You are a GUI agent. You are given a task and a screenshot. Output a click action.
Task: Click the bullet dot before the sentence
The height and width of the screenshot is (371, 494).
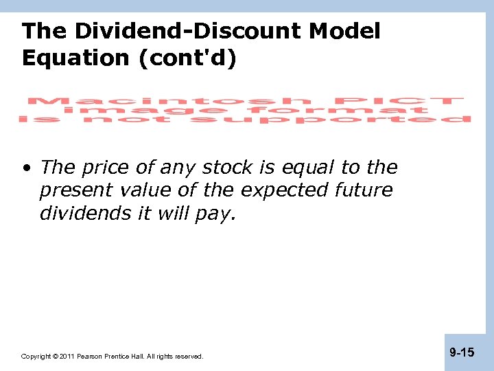[x=26, y=168]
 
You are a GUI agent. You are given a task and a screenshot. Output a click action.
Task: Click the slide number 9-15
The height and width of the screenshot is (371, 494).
[x=462, y=352]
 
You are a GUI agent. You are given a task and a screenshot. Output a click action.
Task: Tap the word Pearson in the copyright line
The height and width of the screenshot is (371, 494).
[x=90, y=357]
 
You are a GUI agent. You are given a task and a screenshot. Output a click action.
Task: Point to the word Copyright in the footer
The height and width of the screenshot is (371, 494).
[x=36, y=357]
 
